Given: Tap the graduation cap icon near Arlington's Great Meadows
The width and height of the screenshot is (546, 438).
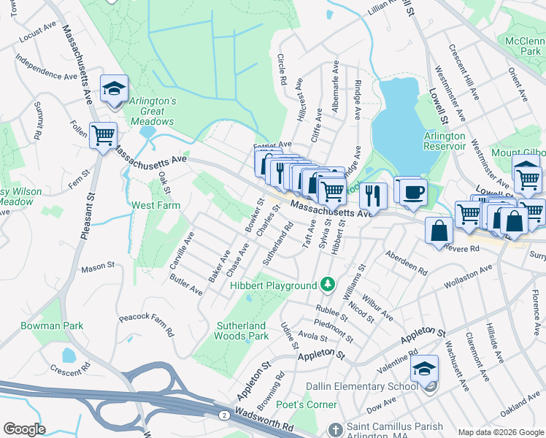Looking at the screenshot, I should [114, 89].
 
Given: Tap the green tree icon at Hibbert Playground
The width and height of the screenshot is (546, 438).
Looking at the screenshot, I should [328, 284].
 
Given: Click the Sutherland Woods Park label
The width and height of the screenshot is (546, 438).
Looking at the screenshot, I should [242, 331].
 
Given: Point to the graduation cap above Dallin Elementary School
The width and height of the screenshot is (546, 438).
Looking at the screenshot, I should [424, 370].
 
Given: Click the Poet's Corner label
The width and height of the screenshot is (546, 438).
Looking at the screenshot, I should [312, 404].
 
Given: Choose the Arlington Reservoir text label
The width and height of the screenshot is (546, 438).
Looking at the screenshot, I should [445, 141].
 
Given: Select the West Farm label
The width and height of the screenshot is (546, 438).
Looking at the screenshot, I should [155, 206].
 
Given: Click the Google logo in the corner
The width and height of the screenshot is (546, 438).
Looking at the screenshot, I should [24, 429].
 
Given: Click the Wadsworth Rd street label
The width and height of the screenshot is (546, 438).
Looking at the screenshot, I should [267, 426].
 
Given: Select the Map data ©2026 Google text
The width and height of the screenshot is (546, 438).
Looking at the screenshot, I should [500, 432].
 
